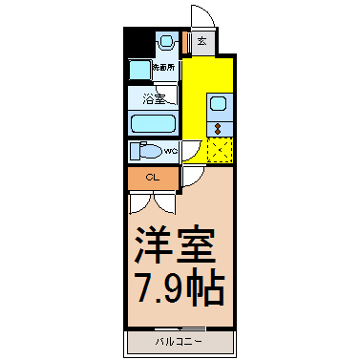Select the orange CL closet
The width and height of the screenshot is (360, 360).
(152, 178)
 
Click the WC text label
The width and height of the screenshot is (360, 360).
(170, 151)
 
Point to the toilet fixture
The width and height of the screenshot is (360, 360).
(145, 151)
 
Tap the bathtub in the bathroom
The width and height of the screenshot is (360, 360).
(153, 124)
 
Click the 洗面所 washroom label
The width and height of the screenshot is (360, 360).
(166, 68)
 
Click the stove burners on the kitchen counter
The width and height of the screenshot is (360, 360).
(219, 128)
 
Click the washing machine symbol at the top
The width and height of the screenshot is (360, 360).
(167, 42)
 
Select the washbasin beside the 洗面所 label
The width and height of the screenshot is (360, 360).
(139, 70)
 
